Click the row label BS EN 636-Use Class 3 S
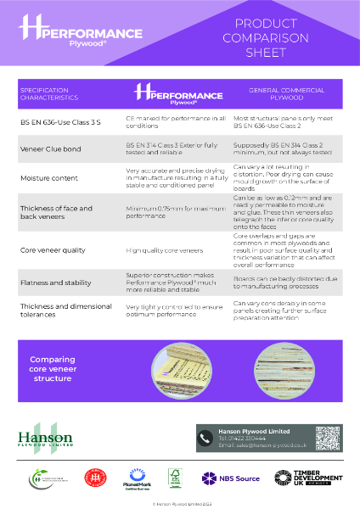click(x=60, y=122)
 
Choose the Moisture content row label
click(x=48, y=178)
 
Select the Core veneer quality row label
click(x=53, y=251)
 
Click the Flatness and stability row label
click(x=55, y=279)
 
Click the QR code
click(x=328, y=439)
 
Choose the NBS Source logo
click(x=231, y=478)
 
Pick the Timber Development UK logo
click(x=300, y=478)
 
